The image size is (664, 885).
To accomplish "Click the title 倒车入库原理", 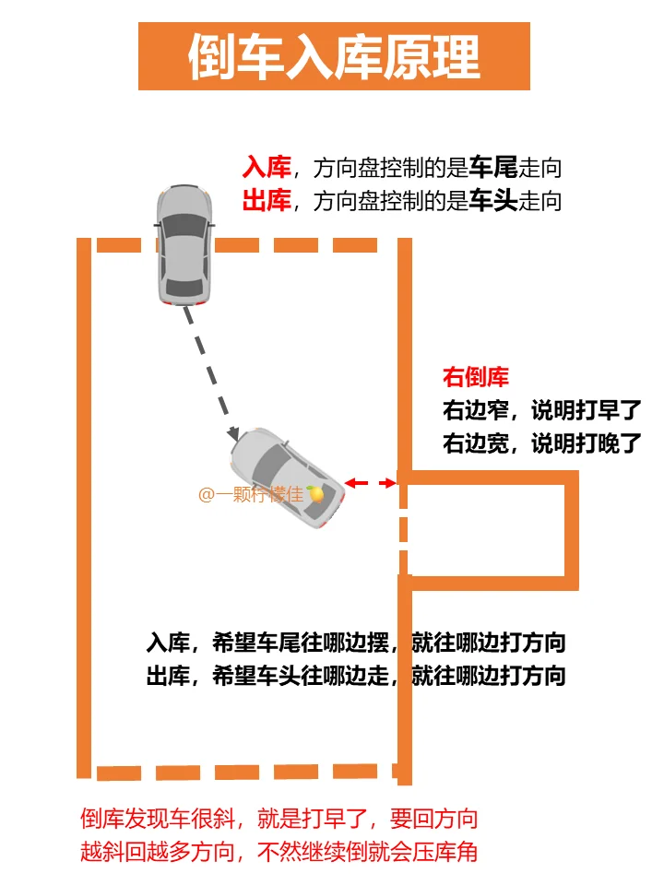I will pos(334,57).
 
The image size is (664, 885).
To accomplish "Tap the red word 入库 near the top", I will pos(267,167).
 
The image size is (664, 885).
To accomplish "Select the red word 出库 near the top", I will pos(267,200).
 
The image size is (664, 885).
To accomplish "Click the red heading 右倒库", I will pos(476,377).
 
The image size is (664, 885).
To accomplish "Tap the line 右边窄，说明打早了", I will pos(541,410).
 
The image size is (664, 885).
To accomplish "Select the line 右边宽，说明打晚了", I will pos(541,443).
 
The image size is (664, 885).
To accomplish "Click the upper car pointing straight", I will pos(184,244).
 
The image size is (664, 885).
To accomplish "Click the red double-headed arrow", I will pos(371,482).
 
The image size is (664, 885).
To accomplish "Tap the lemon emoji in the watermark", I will pos(315,494).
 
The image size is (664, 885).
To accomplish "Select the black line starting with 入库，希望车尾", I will pos(355,643).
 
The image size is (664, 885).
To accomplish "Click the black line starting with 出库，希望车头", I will pos(355,676).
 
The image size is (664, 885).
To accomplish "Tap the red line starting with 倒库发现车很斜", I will pos(279,819).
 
